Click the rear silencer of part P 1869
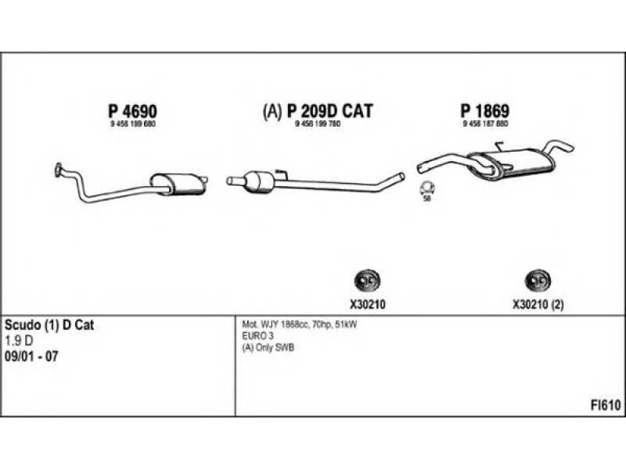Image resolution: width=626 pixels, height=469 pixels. click(517, 163)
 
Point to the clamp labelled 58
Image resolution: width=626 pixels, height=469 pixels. click(427, 188)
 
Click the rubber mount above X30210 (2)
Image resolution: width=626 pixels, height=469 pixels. click(537, 280)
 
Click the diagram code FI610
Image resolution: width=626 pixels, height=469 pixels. click(606, 405)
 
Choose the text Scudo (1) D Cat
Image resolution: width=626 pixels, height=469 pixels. click(49, 324)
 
